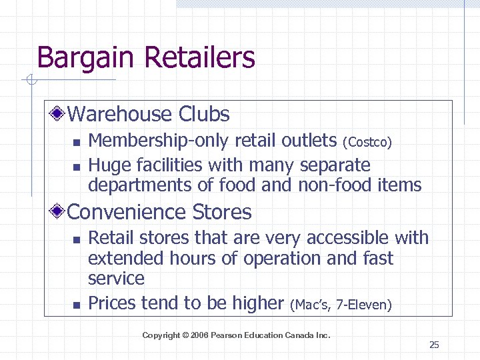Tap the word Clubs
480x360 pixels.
tap(203, 114)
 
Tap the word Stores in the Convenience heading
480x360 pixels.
tap(222, 213)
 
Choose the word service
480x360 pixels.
tap(116, 278)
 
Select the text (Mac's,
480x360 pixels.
tap(312, 305)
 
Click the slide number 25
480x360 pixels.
tap(434, 345)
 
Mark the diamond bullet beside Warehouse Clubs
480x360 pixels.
tap(60, 115)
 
